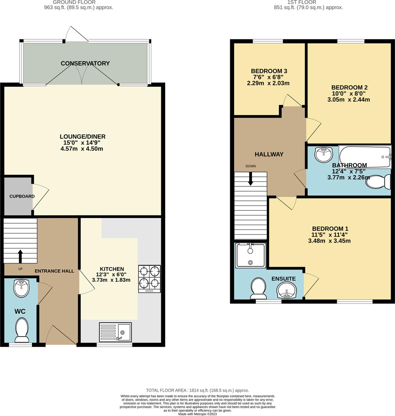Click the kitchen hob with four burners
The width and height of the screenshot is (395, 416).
coord(149,279)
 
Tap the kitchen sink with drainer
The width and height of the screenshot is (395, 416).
coord(115,332)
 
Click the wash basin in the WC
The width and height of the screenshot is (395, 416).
coord(21,288)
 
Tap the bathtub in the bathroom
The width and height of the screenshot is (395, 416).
coord(365,156)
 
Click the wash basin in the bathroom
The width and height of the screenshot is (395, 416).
coord(323,155)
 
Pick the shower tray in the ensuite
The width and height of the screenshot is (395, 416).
coord(251,255)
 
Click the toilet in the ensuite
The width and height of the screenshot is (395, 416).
coord(258,288)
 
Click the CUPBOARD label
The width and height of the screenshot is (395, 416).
coord(22,196)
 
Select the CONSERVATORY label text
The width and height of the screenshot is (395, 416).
coord(85,64)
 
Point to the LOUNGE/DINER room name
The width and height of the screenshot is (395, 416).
coord(82,137)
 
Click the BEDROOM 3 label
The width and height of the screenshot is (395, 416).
coord(269,71)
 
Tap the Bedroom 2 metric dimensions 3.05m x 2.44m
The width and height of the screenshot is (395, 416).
coord(345,100)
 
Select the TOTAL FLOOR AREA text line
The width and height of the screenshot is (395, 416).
coord(197,390)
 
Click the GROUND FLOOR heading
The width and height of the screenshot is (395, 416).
coord(74,2)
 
